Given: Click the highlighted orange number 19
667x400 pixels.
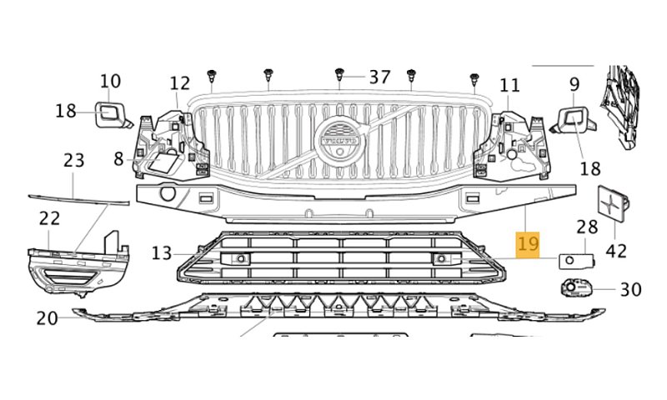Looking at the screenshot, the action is (x=528, y=244).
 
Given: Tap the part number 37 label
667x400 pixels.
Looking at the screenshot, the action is (x=379, y=77).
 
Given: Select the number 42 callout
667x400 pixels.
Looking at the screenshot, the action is (x=616, y=251).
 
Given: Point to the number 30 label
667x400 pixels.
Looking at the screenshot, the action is (x=631, y=290).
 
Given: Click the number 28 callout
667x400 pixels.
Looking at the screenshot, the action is (x=587, y=227).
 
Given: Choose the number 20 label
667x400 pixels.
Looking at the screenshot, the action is (x=47, y=318).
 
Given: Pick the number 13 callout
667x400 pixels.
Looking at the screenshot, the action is (x=162, y=253).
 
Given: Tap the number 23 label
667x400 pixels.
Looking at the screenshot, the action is (x=74, y=161).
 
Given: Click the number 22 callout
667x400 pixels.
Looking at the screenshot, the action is (x=49, y=218).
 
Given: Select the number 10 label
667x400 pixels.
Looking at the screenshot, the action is (x=111, y=81).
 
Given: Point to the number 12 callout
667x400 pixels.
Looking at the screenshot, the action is (x=179, y=83).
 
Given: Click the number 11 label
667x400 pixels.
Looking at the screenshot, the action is (x=509, y=86).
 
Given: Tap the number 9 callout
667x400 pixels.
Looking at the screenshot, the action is (x=574, y=84).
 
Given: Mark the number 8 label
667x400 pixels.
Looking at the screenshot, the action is (x=118, y=159).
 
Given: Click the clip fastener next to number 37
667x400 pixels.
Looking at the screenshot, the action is (x=339, y=75).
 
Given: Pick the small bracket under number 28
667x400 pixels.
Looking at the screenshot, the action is (x=576, y=261).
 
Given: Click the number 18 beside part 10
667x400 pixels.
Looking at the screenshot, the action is (x=66, y=112).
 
